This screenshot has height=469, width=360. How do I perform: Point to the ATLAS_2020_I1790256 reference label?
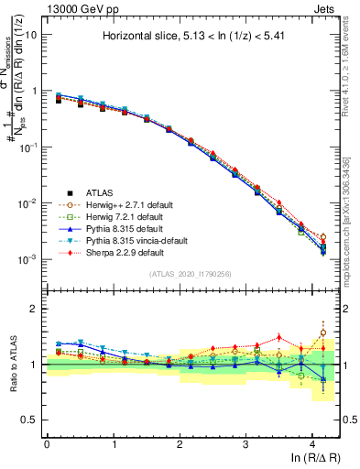(191, 274)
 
